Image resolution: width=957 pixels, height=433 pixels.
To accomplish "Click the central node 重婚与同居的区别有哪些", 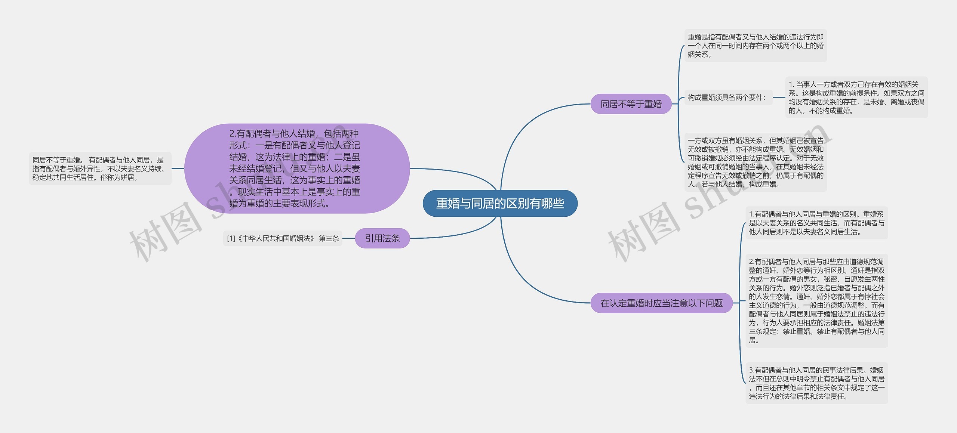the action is click(x=500, y=203).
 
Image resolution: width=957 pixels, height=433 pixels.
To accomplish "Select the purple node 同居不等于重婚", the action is click(x=631, y=104).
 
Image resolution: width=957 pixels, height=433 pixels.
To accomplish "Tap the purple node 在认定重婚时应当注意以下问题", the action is click(x=661, y=303).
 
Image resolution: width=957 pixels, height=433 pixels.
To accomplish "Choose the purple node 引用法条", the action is click(x=382, y=238).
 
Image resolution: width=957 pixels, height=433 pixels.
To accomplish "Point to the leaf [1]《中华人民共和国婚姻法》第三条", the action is click(x=283, y=238).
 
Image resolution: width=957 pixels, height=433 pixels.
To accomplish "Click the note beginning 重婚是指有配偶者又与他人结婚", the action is click(x=756, y=46).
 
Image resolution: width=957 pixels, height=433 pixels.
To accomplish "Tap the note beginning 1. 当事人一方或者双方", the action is click(x=856, y=98).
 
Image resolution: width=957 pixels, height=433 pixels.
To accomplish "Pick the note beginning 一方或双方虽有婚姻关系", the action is click(x=756, y=162).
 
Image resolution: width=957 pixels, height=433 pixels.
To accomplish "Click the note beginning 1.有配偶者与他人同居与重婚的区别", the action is click(x=816, y=223).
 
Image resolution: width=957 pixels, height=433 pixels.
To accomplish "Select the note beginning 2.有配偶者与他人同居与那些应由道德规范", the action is click(x=816, y=301).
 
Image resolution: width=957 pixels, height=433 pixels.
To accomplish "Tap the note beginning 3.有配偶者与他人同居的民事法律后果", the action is click(x=816, y=383).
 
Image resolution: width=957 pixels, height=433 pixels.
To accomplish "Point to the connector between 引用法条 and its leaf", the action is click(x=348, y=238).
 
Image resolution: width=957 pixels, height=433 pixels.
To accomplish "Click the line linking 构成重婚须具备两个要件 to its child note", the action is click(x=779, y=98).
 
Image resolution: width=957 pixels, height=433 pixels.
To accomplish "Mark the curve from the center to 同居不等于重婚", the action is click(x=523, y=123).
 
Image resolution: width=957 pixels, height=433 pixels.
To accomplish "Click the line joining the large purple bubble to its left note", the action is click(x=178, y=168).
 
